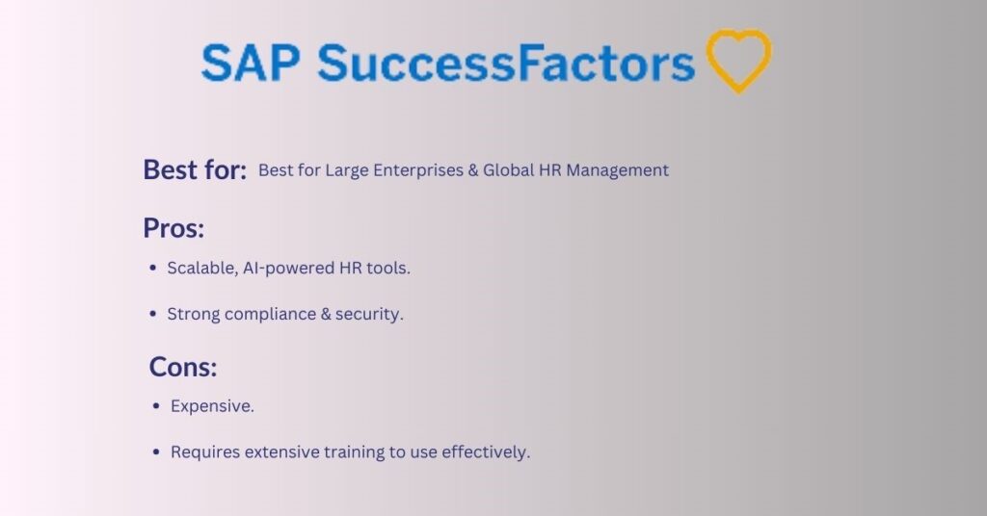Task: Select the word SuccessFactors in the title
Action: tap(506, 64)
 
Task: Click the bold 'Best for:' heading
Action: tap(195, 169)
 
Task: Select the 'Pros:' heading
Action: tap(175, 228)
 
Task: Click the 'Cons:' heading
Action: tap(183, 367)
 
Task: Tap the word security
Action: tap(368, 315)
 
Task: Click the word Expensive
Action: tap(212, 406)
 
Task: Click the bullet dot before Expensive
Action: tap(157, 407)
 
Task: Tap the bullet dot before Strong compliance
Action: tap(154, 315)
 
